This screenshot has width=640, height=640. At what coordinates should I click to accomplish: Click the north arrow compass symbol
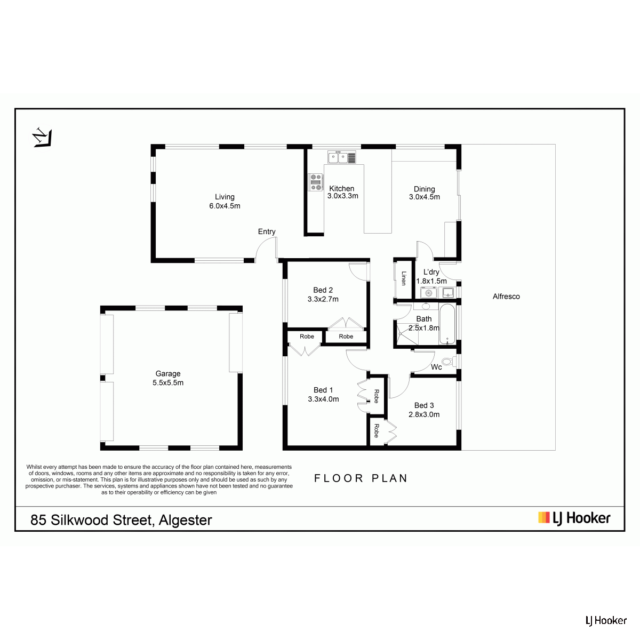[42, 137]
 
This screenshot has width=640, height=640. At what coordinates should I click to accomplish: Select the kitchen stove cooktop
[315, 182]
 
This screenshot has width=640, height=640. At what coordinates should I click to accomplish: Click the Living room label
[225, 197]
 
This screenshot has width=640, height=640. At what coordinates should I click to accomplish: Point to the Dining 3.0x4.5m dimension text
[425, 197]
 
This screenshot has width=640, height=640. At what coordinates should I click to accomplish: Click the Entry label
[267, 231]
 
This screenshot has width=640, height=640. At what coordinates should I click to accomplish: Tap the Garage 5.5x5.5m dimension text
[168, 382]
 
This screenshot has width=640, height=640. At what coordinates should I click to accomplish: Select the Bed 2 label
[323, 290]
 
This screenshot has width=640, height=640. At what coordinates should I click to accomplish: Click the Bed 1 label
[323, 390]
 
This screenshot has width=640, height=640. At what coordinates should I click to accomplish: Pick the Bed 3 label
[424, 405]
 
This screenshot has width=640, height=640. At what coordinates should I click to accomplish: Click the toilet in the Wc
[450, 362]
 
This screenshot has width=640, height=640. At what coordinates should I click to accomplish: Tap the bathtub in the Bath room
[447, 324]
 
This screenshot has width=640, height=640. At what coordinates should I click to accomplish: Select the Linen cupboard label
[404, 278]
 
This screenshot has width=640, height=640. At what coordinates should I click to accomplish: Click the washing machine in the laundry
[428, 293]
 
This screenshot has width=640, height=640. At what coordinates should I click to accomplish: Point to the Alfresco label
[506, 297]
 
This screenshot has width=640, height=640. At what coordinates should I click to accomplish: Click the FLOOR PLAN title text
[361, 478]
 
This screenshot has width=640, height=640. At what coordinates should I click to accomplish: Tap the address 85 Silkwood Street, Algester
[121, 520]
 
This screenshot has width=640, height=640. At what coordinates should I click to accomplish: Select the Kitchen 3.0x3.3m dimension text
[343, 196]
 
